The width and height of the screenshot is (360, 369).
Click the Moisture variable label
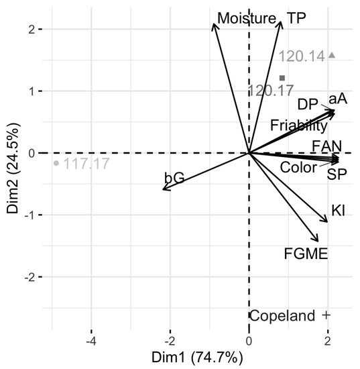point(246,17)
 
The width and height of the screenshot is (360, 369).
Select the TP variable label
point(296,17)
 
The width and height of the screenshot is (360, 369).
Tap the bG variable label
point(174,178)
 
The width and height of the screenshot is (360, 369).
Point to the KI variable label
point(338,211)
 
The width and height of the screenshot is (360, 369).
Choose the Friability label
point(299,125)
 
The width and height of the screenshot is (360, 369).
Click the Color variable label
point(298,167)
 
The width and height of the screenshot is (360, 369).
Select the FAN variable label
point(326,146)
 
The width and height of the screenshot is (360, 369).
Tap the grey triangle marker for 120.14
point(332,56)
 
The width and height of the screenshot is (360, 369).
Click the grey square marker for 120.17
point(282,78)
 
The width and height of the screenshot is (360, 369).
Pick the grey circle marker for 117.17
point(56,162)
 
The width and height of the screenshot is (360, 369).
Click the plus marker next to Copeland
point(326,315)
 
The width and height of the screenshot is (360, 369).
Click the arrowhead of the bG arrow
point(164,190)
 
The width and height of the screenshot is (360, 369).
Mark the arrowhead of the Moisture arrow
point(214,24)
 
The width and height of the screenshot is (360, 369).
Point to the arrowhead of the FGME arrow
point(317,241)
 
